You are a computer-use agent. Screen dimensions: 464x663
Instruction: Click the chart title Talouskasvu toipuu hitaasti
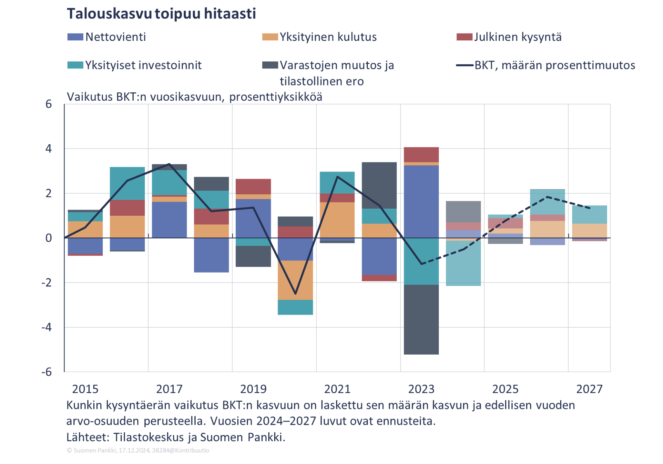[x=161, y=14]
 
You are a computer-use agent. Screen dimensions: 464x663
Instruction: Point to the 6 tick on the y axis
[x=49, y=104]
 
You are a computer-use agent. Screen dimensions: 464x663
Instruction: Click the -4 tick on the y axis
[x=47, y=327]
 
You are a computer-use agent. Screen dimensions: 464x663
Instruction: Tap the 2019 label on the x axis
[x=253, y=389]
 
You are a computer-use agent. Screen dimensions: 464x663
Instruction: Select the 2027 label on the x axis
[x=589, y=389]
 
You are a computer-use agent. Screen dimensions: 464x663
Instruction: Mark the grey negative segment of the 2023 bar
[x=421, y=320]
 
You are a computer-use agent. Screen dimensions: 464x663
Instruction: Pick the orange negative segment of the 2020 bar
[x=295, y=280]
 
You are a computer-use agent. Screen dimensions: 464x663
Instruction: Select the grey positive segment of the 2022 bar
[x=379, y=185]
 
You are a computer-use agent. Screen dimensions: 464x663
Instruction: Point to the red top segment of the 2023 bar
[x=421, y=155]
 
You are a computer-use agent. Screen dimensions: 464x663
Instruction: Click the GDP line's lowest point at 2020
[x=295, y=294]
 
